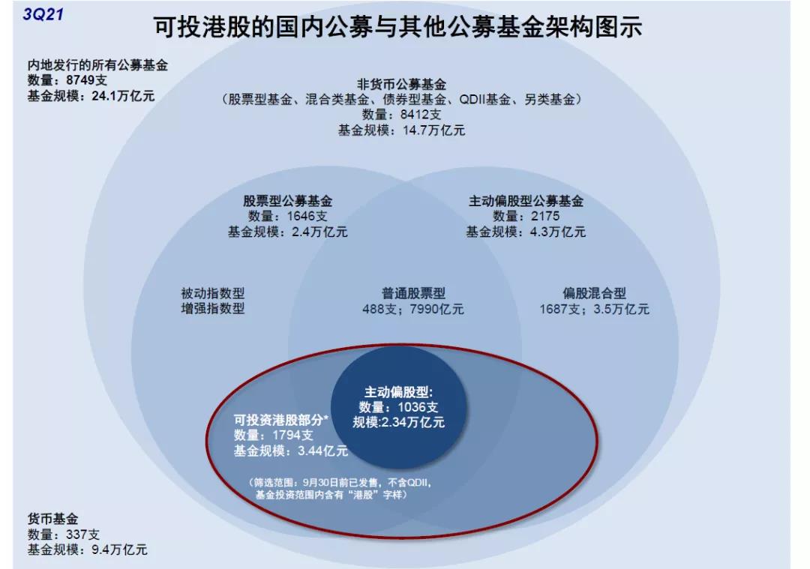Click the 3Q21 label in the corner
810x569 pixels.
point(43,14)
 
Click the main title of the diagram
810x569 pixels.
point(397,27)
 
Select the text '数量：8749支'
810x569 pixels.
point(67,80)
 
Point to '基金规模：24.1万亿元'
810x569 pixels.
point(91,95)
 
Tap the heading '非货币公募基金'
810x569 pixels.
point(401,84)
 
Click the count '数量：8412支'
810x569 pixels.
point(401,115)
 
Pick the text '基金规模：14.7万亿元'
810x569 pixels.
point(401,130)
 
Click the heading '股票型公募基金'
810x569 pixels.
point(288,201)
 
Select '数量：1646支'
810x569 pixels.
point(288,217)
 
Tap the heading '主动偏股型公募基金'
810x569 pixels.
point(526,201)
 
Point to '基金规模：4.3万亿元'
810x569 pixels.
point(526,232)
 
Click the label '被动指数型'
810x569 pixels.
point(213,293)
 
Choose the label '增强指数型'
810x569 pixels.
point(213,309)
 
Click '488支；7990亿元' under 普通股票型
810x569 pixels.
point(413,310)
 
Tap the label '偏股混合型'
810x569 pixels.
point(595,293)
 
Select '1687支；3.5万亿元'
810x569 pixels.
point(595,310)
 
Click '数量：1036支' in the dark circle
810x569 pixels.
point(399,407)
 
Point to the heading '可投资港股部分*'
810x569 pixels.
point(281,419)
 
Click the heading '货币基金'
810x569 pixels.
point(52,519)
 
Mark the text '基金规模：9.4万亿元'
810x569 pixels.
point(87,550)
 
